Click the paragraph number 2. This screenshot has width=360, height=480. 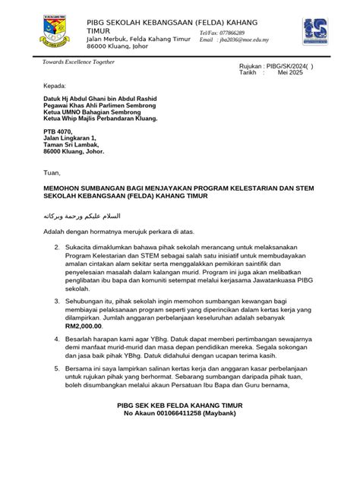56,248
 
